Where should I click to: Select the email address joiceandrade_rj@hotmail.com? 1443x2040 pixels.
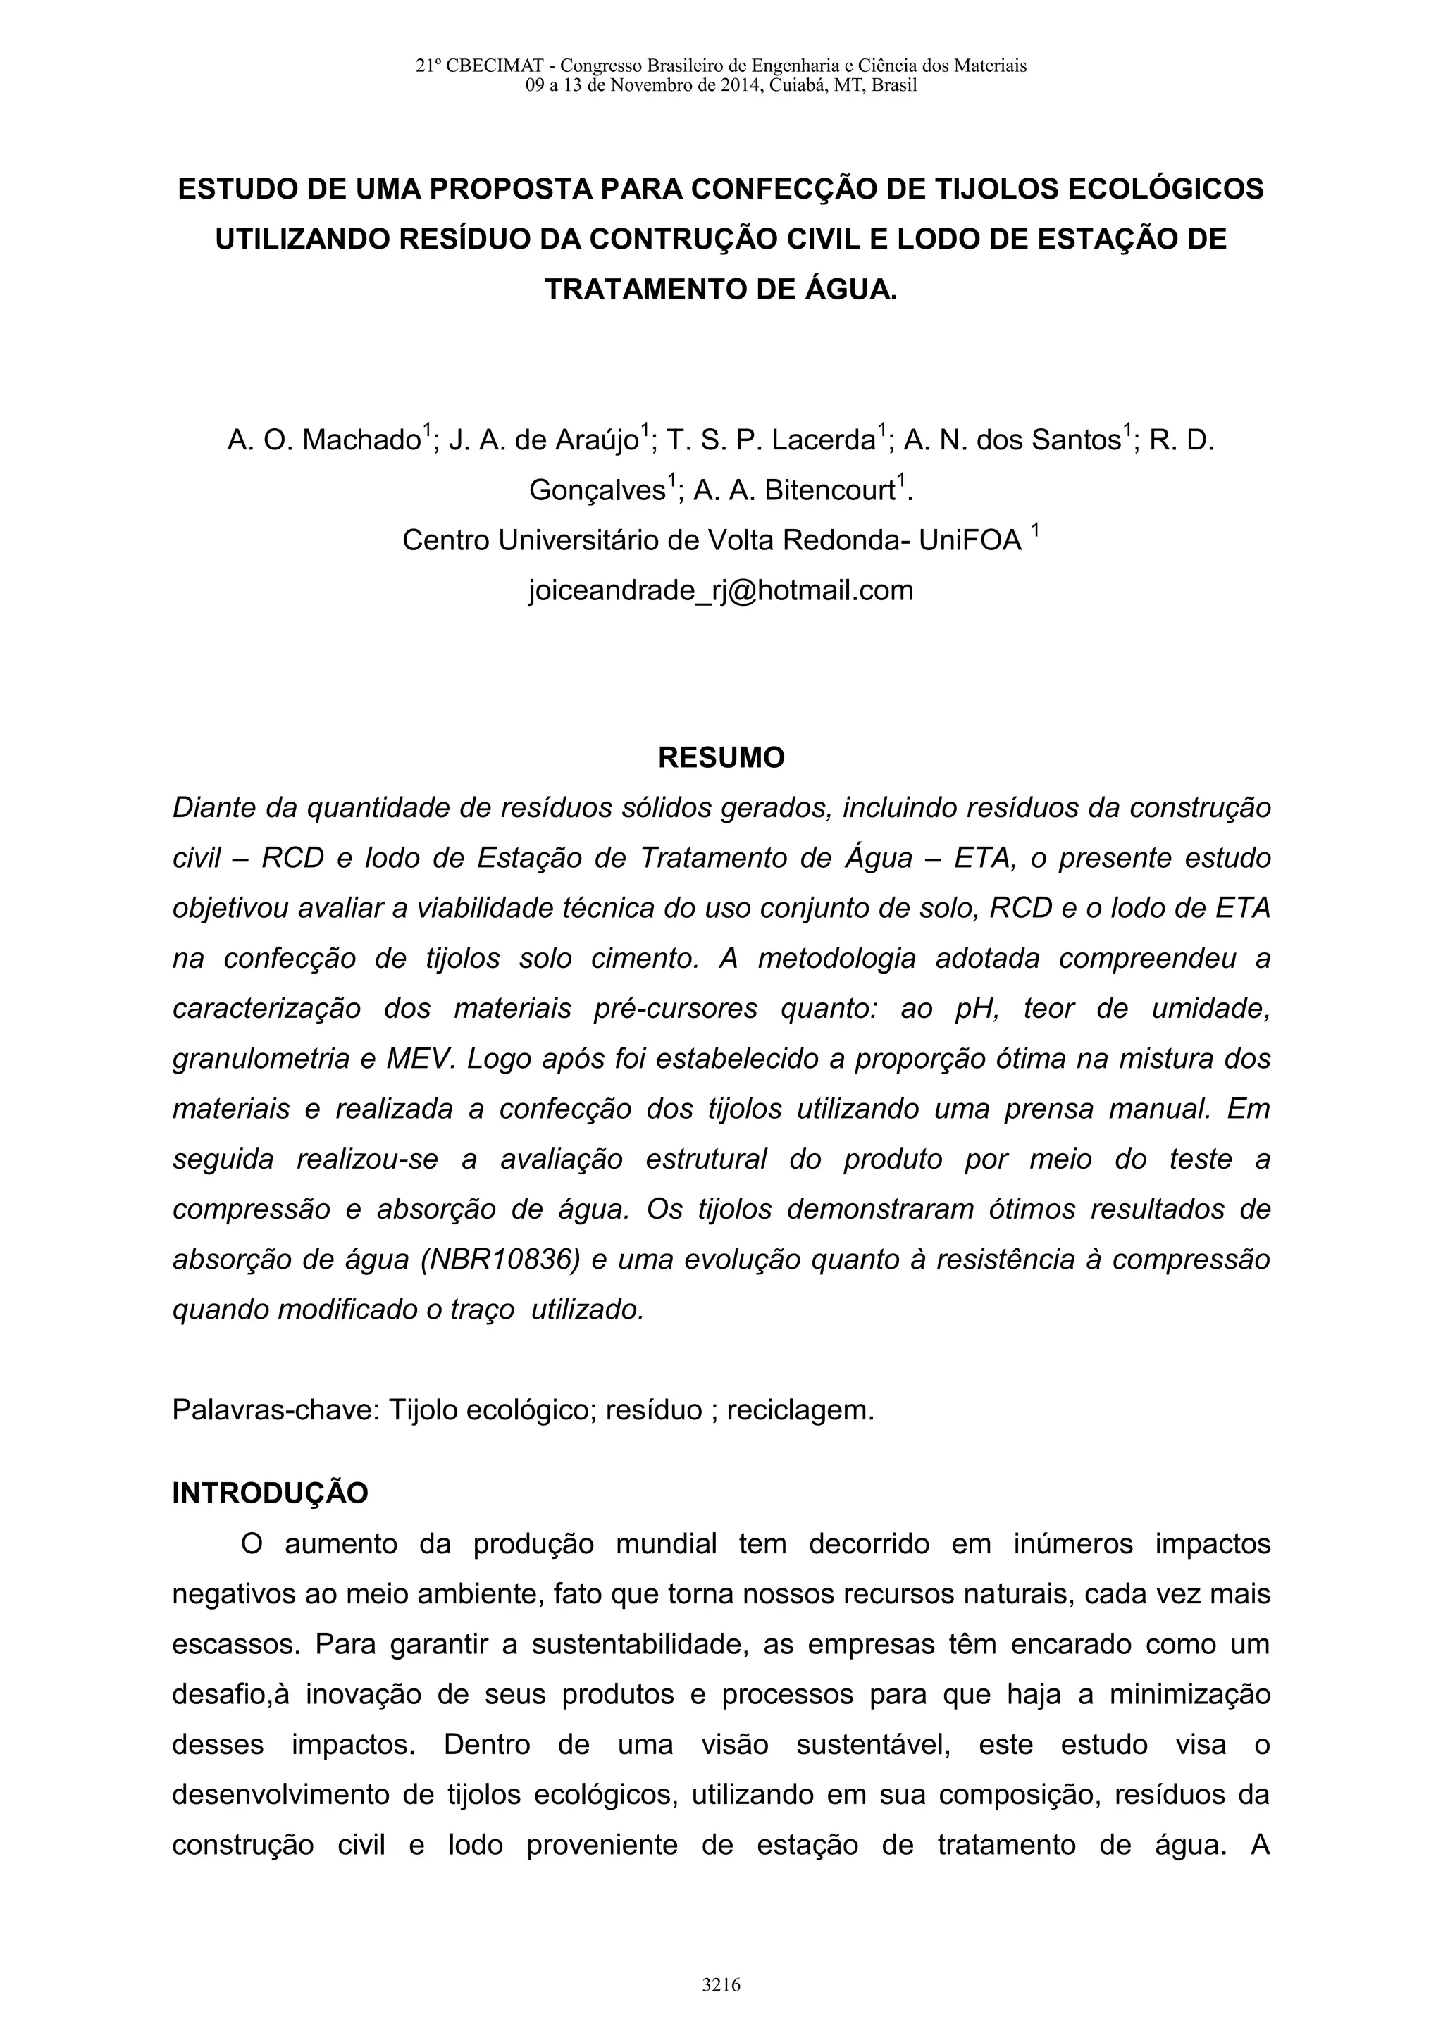(721, 590)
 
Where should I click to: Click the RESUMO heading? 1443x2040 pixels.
(721, 758)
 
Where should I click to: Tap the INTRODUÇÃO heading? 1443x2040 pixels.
(270, 1493)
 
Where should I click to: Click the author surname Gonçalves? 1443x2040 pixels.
(596, 490)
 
